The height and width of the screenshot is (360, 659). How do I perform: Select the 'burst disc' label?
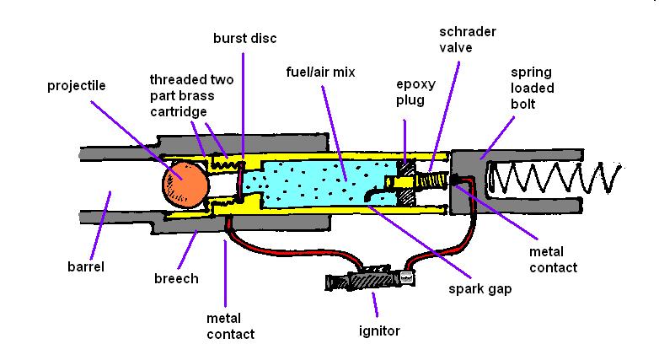click(244, 39)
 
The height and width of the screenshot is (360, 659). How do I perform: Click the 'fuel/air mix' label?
click(321, 73)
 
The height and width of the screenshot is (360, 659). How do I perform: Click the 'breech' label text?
click(178, 278)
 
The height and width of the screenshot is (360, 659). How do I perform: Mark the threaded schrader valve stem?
click(436, 180)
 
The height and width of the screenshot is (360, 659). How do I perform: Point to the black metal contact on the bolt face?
click(458, 180)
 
